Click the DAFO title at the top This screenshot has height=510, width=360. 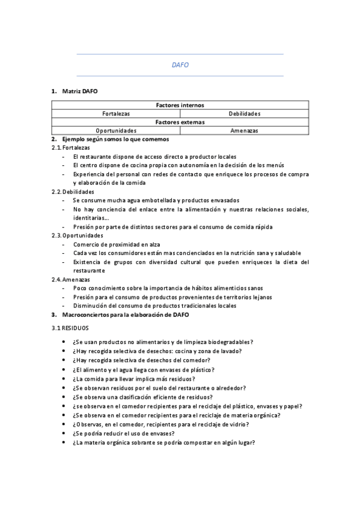pyautogui.click(x=180, y=65)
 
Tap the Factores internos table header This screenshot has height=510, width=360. pyautogui.click(x=180, y=105)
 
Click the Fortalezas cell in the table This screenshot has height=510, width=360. pyautogui.click(x=116, y=114)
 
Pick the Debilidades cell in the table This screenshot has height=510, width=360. pyautogui.click(x=244, y=114)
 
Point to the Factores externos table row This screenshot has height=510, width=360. pyautogui.click(x=180, y=122)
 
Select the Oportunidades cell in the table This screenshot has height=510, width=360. pyautogui.click(x=116, y=131)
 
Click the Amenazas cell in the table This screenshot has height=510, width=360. pyautogui.click(x=244, y=131)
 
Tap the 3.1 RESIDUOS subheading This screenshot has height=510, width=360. pyautogui.click(x=70, y=328)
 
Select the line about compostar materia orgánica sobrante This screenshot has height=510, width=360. pyautogui.click(x=163, y=443)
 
